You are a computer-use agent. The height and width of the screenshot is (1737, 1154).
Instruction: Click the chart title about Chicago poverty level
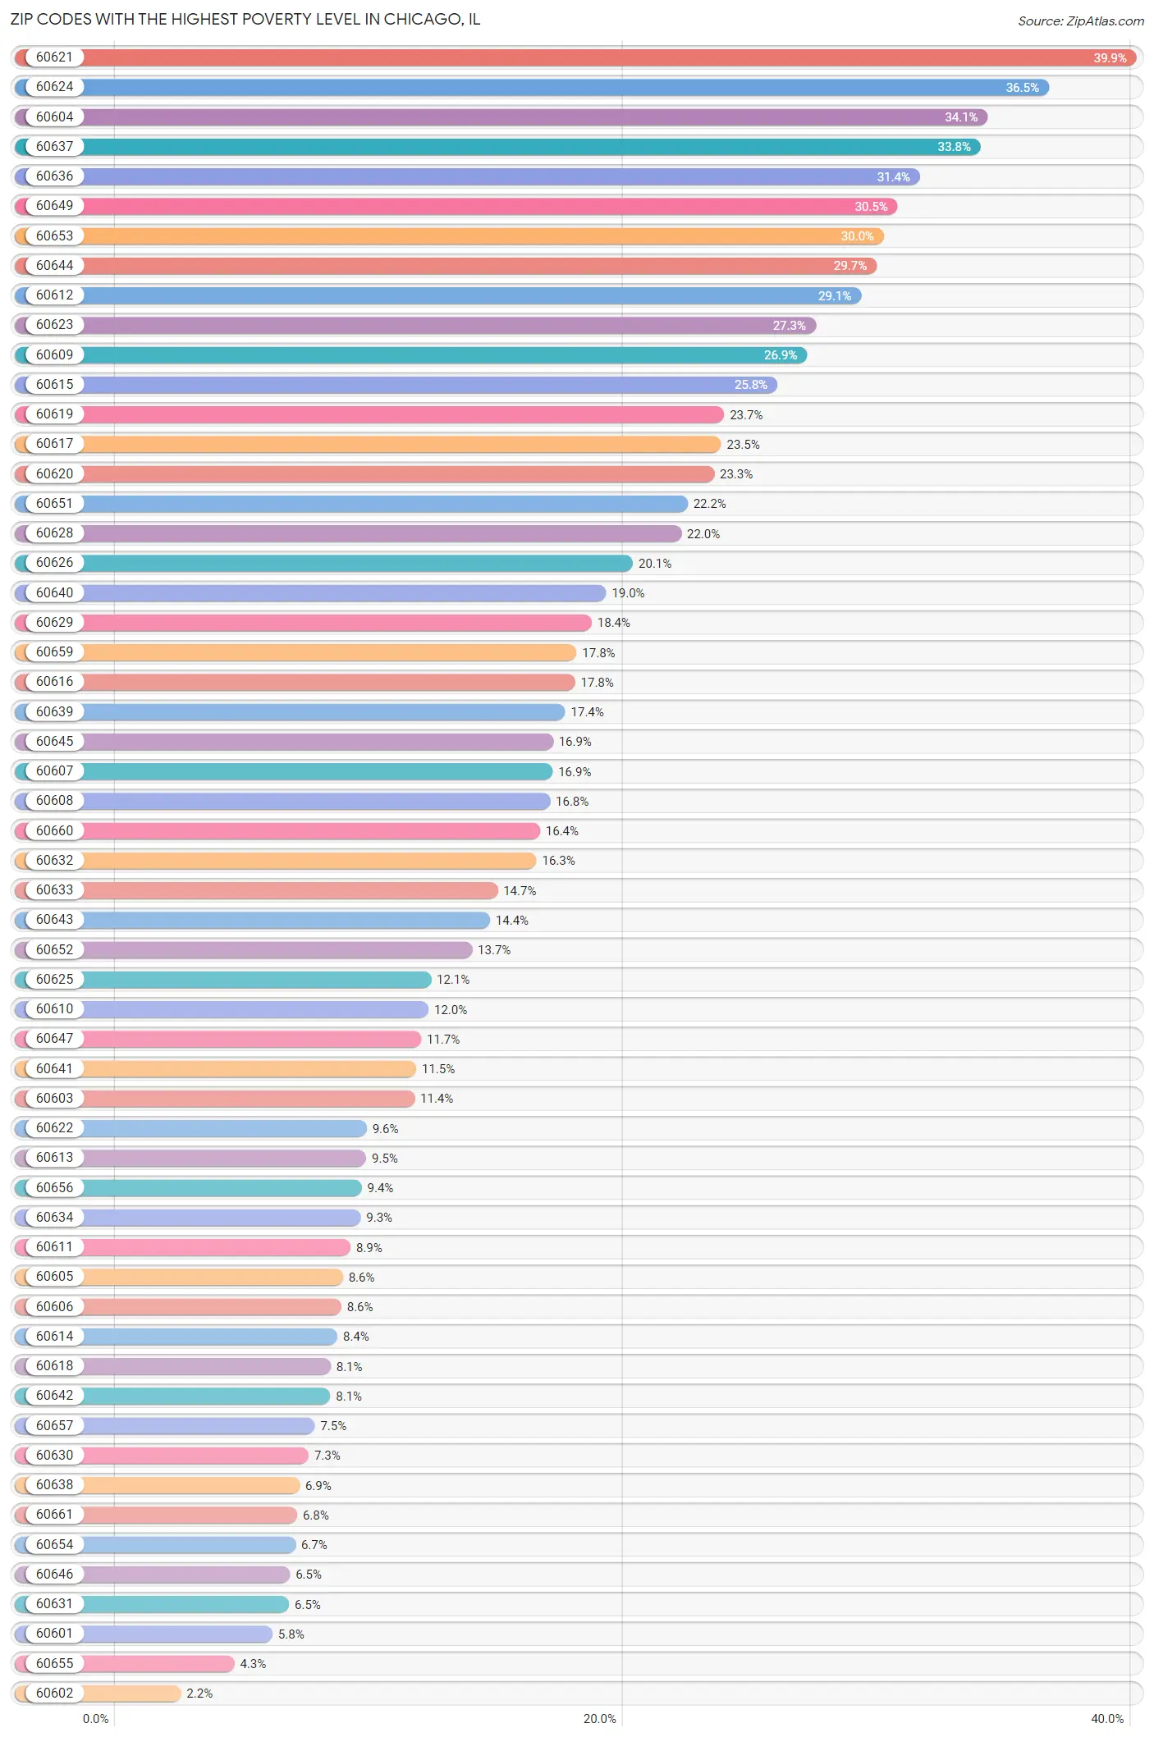245,19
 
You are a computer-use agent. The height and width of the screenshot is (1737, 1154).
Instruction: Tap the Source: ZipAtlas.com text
1080,21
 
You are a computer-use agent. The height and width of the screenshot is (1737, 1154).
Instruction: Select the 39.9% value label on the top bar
1109,58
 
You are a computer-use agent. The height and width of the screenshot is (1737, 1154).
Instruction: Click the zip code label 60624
54,87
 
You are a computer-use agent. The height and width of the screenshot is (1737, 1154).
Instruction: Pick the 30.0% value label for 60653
856,236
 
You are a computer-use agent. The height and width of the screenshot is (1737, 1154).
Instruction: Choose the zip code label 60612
54,295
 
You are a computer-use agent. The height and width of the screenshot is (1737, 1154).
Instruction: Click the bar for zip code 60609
443,355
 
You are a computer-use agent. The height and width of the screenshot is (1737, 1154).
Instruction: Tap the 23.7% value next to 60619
746,415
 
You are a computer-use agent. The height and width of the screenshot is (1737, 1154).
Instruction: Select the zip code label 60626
54,563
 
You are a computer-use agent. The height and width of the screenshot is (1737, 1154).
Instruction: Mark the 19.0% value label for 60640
628,593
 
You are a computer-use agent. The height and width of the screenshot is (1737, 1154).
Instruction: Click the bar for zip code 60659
328,652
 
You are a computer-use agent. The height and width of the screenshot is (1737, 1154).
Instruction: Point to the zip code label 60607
54,771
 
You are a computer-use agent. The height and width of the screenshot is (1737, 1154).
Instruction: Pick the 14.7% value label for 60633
520,891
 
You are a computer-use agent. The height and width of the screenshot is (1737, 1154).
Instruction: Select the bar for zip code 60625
254,980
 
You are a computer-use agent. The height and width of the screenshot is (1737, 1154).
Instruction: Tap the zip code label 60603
54,1099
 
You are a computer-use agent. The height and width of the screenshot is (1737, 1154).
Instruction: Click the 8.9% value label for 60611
369,1248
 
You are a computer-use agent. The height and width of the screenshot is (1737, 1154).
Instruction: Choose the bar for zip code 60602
131,1694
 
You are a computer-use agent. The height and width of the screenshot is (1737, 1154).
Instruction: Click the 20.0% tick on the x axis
599,1719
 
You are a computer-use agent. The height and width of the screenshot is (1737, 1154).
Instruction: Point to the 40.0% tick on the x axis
1106,1719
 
